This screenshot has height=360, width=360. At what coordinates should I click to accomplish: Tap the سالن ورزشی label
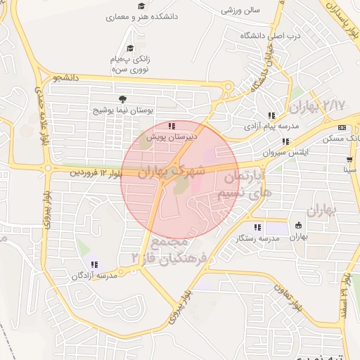pyautogui.click(x=240, y=11)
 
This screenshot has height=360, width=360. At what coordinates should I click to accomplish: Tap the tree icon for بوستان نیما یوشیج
pyautogui.click(x=123, y=99)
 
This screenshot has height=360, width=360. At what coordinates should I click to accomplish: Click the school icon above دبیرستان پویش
pyautogui.click(x=172, y=127)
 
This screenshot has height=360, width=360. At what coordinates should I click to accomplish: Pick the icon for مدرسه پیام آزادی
pyautogui.click(x=271, y=115)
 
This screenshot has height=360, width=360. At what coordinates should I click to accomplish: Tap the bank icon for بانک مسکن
pyautogui.click(x=342, y=127)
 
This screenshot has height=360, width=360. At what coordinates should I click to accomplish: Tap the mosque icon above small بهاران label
pyautogui.click(x=299, y=226)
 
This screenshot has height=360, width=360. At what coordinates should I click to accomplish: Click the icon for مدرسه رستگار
pyautogui.click(x=258, y=227)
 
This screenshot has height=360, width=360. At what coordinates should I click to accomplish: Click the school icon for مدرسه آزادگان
pyautogui.click(x=94, y=265)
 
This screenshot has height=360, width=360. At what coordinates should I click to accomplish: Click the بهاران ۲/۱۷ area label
pyautogui.click(x=317, y=106)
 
